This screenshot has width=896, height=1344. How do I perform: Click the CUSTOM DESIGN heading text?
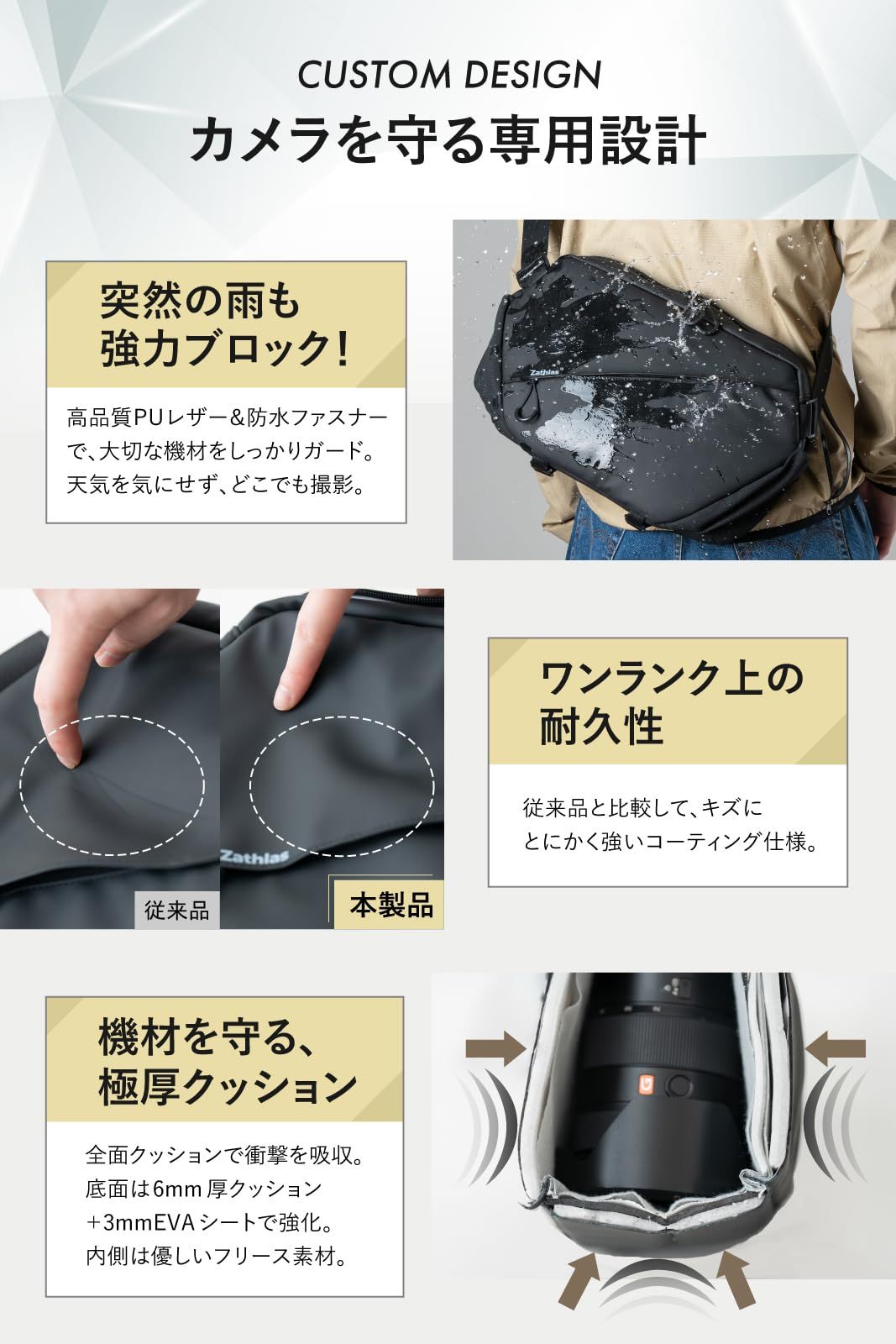tap(448, 76)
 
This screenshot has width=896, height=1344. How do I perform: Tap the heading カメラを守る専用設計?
tap(448, 140)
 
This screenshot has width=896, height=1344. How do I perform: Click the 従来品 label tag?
tap(176, 911)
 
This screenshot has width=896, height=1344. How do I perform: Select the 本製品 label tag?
tap(390, 905)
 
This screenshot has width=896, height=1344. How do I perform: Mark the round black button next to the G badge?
tap(676, 1086)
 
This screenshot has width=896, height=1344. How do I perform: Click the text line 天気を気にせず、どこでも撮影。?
tap(217, 486)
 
